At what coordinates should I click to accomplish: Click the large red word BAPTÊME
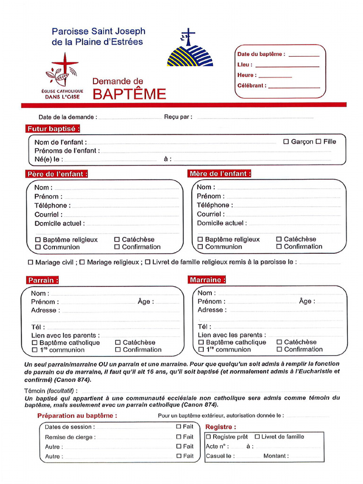129,94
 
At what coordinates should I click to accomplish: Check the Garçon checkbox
286,141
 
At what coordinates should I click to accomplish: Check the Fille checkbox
318,141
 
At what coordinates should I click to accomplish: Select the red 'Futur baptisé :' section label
53,129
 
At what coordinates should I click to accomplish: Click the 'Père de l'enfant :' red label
57,174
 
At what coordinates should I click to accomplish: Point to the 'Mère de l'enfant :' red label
220,173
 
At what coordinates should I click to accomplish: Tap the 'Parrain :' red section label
43,280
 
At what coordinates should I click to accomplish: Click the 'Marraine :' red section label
207,280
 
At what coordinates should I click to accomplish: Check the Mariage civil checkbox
31,262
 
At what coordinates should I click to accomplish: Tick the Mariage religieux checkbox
82,262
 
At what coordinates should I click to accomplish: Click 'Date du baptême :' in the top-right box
261,54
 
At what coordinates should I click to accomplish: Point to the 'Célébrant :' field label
251,86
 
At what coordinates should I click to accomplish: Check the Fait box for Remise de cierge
179,437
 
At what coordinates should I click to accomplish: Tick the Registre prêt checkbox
208,437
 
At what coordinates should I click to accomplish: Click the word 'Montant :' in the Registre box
276,456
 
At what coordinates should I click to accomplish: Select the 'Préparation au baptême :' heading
77,415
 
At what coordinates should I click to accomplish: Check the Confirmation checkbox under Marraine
279,349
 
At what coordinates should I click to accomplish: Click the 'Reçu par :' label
178,117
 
